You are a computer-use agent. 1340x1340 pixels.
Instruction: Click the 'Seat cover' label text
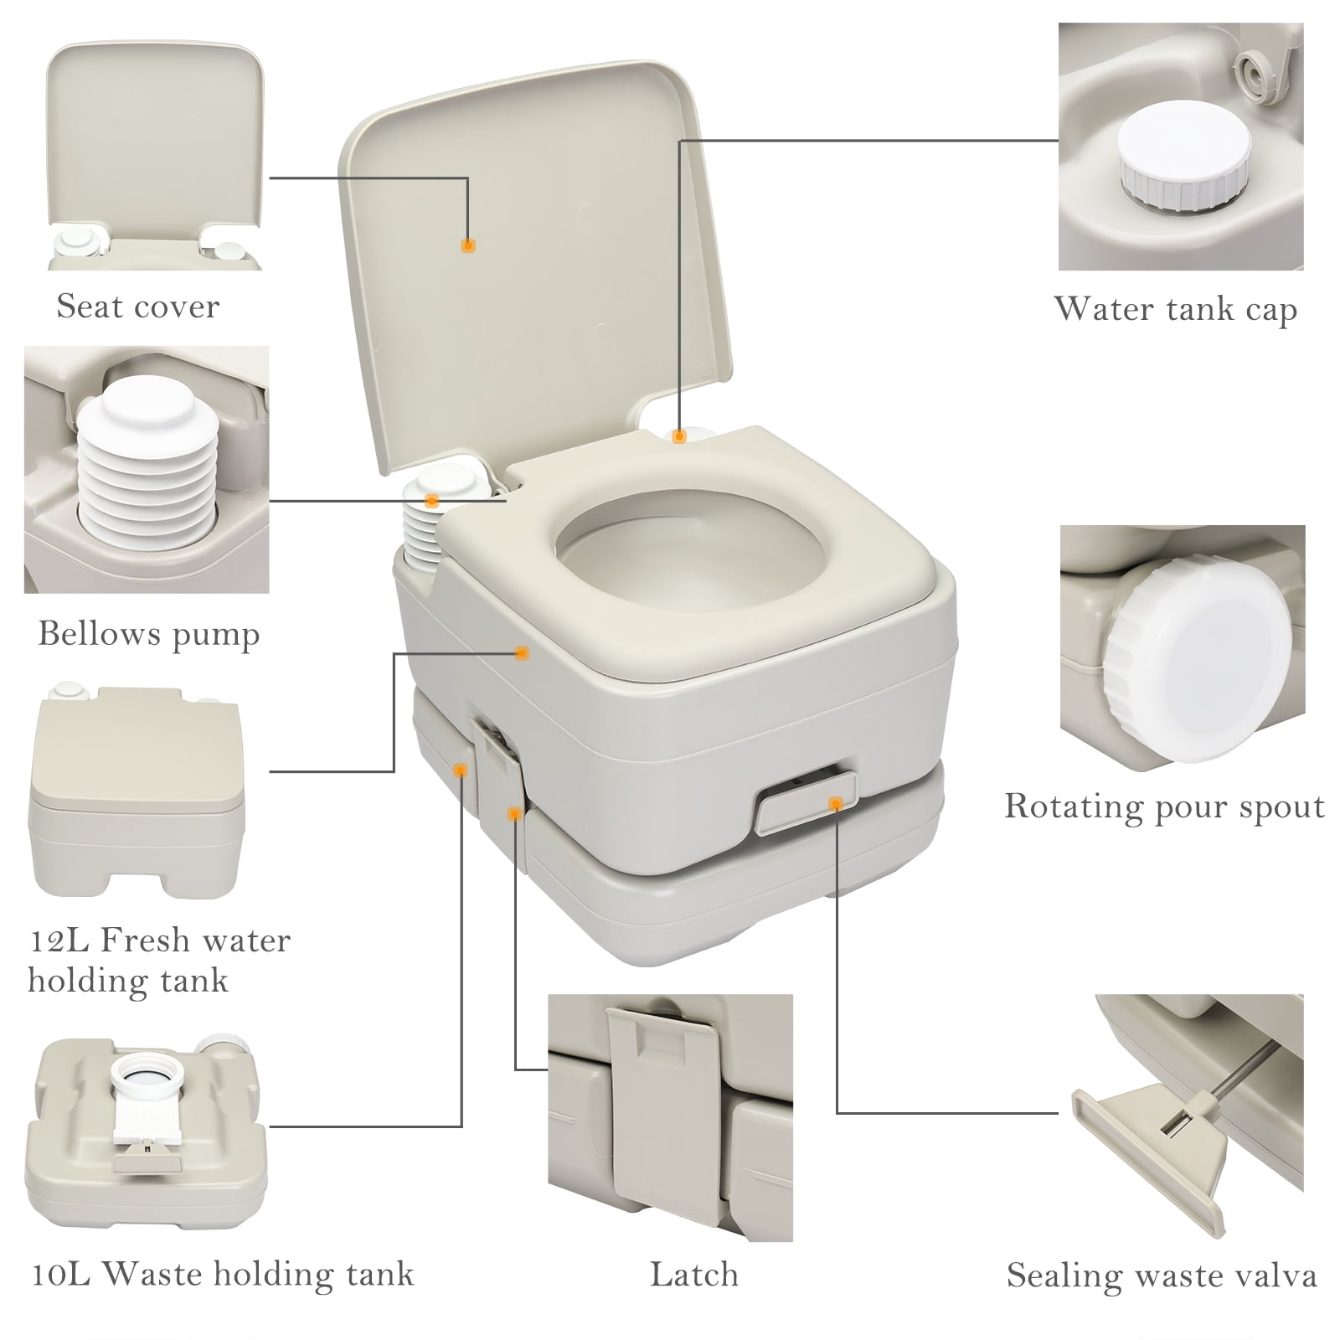pos(137,307)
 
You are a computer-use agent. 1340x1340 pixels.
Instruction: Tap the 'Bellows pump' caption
pos(149,634)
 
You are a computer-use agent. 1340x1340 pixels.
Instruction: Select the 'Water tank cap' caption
pos(1175,309)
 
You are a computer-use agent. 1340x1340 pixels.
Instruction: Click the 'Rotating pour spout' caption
pos(1164,807)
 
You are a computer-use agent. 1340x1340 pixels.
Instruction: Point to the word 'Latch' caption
pos(694,1275)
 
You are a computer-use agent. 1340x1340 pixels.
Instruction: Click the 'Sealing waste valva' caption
pos(1162,1276)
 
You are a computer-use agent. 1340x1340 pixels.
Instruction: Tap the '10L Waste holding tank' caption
pos(223,1275)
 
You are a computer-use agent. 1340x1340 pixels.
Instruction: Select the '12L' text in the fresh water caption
pos(55,941)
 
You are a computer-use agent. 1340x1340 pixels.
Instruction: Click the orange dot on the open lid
pos(469,245)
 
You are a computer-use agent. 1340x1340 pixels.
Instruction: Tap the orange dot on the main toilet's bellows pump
pos(432,501)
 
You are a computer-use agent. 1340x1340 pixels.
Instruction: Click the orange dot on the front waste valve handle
pos(834,804)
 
